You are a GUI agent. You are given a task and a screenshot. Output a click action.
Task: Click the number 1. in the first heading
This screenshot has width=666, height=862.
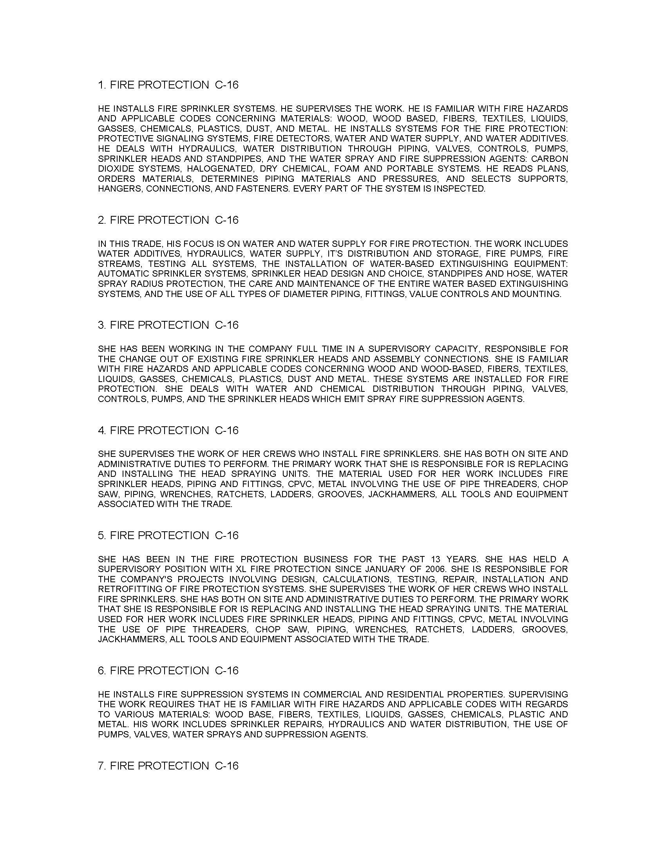pyautogui.click(x=102, y=85)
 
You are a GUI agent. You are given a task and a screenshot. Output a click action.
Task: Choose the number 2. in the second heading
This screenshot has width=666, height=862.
pyautogui.click(x=102, y=220)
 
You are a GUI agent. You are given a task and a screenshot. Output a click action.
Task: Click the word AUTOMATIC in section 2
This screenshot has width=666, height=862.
pyautogui.click(x=122, y=273)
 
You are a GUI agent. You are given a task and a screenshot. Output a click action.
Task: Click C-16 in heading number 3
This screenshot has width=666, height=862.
pyautogui.click(x=227, y=325)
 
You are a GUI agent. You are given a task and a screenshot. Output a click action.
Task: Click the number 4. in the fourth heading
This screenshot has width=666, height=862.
pyautogui.click(x=102, y=430)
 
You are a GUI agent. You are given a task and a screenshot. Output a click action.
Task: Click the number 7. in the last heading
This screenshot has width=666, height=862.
pyautogui.click(x=102, y=766)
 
